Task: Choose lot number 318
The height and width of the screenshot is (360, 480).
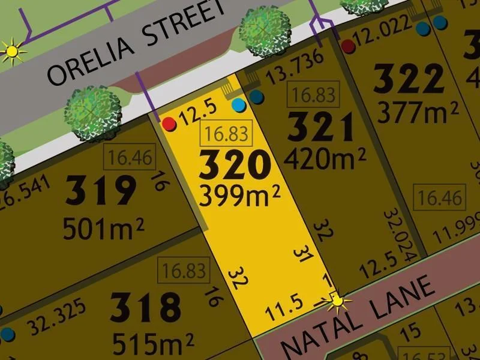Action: click(x=146, y=307)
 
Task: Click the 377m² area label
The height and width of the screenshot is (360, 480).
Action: click(x=418, y=110)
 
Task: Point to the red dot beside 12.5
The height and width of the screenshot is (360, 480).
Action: click(x=169, y=124)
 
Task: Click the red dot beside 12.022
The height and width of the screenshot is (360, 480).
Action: click(x=347, y=46)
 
